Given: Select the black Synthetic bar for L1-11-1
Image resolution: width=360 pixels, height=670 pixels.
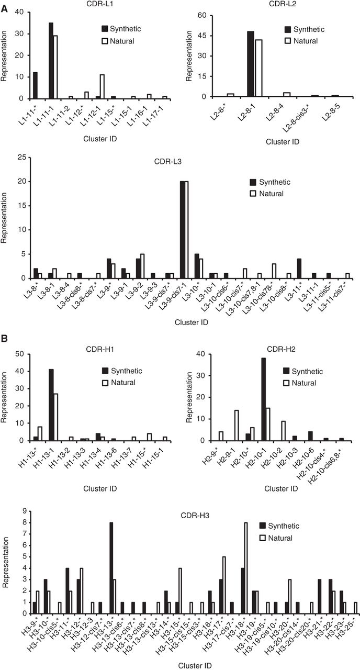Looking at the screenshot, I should (51, 61).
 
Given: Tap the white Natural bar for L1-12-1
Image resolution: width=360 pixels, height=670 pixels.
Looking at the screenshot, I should (103, 79).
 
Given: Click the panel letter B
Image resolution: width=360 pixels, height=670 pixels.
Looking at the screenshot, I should (4, 340).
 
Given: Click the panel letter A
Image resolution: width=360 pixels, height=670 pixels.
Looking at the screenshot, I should (4, 5).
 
